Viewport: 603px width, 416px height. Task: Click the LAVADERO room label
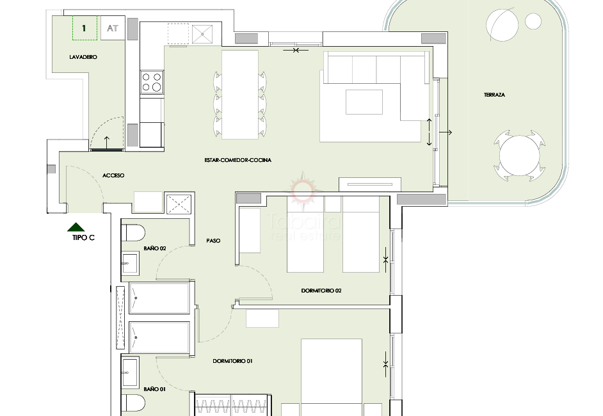click(x=83, y=58)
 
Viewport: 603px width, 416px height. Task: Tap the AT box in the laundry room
click(x=113, y=28)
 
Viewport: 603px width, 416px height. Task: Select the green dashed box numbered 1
click(x=84, y=28)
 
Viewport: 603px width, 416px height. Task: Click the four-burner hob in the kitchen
click(x=152, y=82)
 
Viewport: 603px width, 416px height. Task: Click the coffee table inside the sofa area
click(x=364, y=102)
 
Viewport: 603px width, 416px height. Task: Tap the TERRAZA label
click(x=494, y=95)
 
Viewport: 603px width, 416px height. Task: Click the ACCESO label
click(x=113, y=175)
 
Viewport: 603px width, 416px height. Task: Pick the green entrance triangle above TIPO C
click(x=76, y=227)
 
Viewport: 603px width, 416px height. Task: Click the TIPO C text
click(x=83, y=238)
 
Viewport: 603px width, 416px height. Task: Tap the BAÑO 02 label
click(x=155, y=248)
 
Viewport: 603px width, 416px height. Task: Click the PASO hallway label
click(x=213, y=241)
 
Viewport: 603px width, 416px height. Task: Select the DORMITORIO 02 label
click(x=321, y=291)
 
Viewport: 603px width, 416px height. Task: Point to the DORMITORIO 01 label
click(x=233, y=362)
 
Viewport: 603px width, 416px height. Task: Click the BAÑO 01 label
click(x=155, y=389)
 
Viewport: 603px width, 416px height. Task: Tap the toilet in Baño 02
click(x=133, y=232)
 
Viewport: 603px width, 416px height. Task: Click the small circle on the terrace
click(x=533, y=21)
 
